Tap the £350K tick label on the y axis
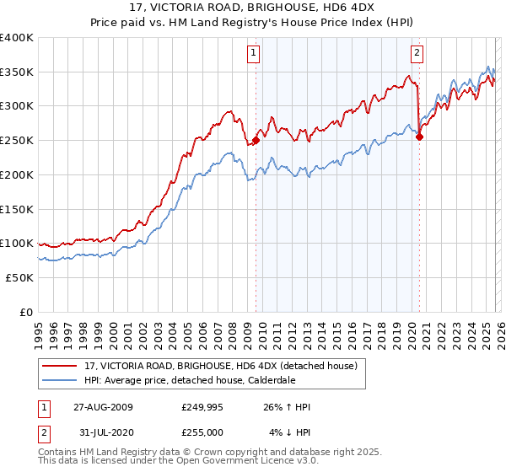click(17, 72)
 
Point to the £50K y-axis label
click(19, 277)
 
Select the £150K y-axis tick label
click(17, 209)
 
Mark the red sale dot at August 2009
click(256, 141)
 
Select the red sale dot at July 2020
click(419, 138)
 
